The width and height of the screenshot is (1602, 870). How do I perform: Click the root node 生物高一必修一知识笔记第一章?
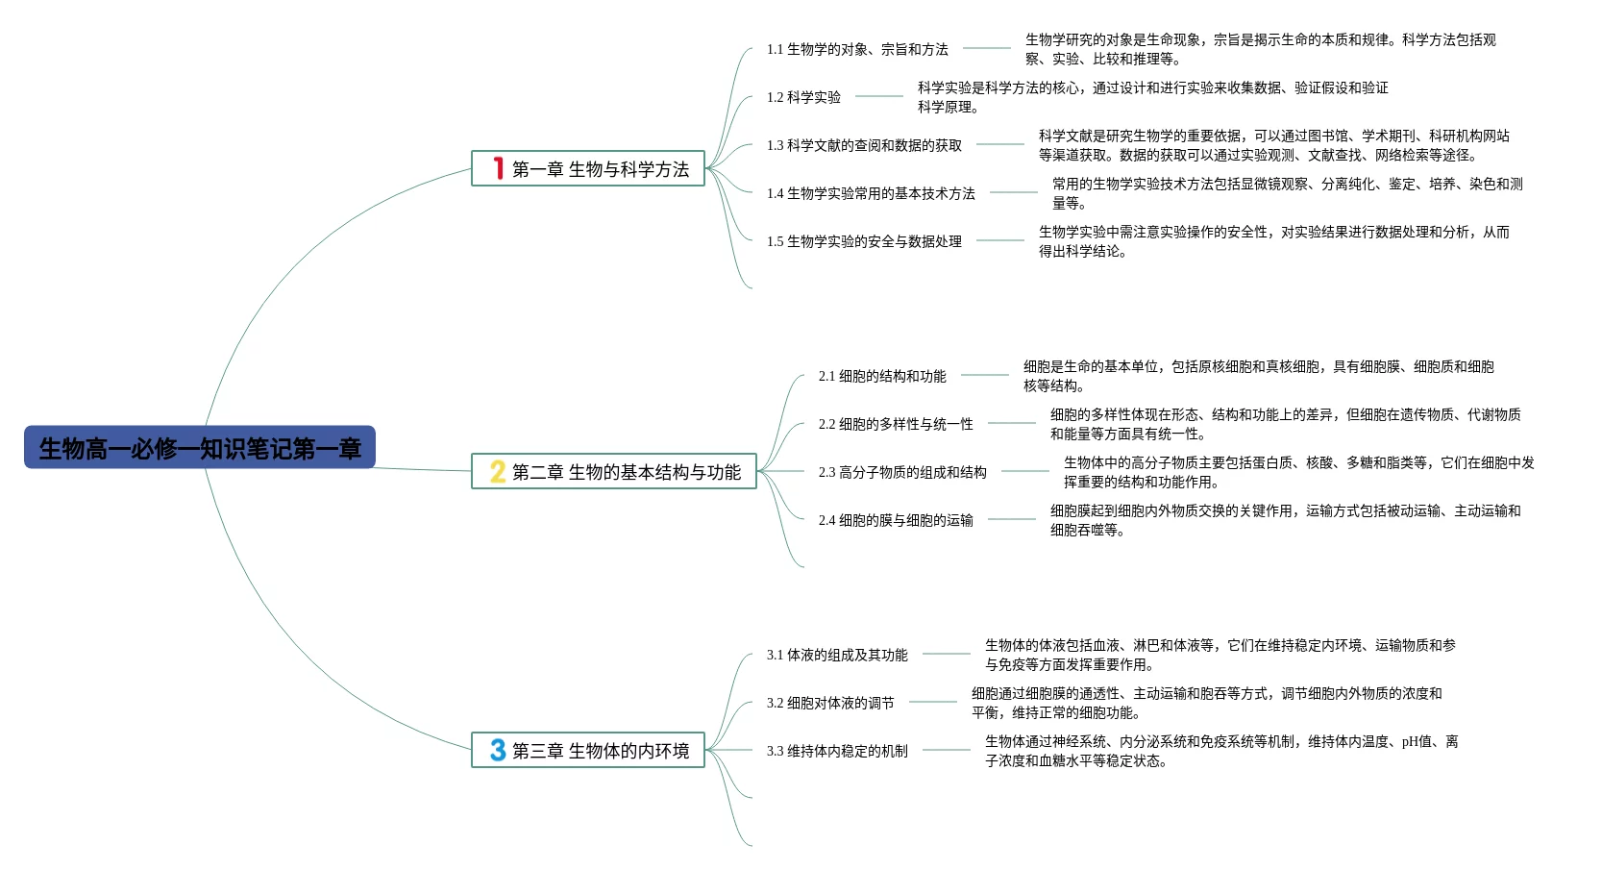pos(199,448)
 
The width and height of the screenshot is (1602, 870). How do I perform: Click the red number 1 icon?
pos(498,168)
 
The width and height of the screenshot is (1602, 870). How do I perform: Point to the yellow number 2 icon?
pos(497,471)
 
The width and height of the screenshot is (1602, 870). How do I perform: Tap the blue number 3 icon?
pos(498,750)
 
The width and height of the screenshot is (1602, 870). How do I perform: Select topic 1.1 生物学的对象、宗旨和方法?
pos(856,49)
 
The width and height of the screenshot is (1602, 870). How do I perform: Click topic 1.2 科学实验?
pos(803,97)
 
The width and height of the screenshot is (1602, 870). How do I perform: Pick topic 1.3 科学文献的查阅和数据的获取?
pos(864,145)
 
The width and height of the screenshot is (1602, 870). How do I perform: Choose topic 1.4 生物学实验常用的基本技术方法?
pos(871,193)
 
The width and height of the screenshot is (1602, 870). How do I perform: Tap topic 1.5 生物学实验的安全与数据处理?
pos(864,241)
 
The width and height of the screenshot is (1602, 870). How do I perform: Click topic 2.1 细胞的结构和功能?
pos(882,376)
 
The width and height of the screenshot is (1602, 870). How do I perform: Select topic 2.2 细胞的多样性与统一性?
pos(896,424)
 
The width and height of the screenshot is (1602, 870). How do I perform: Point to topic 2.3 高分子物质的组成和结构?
pos(902,472)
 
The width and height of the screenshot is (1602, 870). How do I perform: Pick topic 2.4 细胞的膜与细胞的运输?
pos(896,520)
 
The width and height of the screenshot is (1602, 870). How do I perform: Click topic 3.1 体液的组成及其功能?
pos(837,655)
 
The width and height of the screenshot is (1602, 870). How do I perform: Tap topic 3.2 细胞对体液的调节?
pos(830,703)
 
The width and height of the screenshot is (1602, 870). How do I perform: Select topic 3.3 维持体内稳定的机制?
pos(837,751)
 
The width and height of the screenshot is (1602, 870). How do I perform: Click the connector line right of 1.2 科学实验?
pos(879,96)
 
